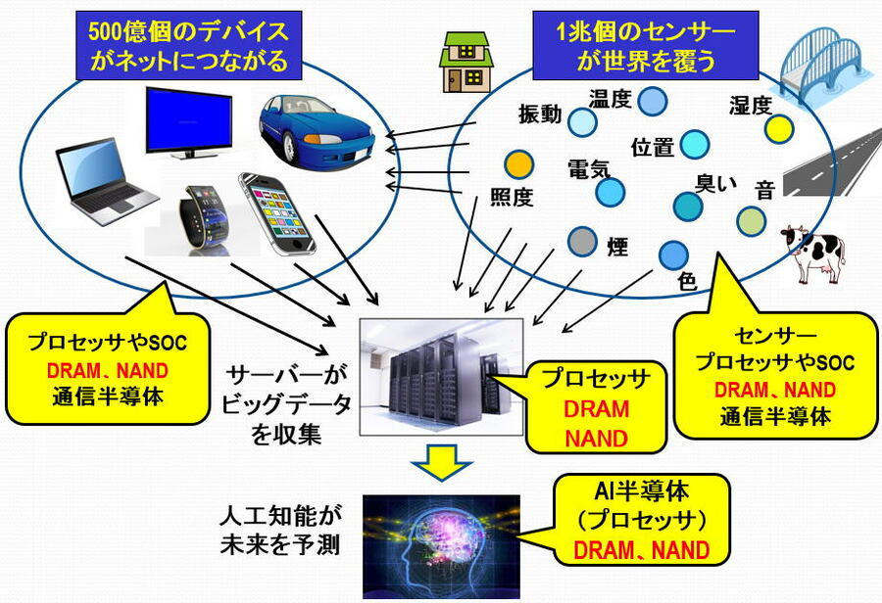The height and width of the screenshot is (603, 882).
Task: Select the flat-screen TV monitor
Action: tap(188, 122)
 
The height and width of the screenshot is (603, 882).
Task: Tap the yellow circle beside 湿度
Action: tap(778, 128)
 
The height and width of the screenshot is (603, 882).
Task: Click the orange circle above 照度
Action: tap(518, 163)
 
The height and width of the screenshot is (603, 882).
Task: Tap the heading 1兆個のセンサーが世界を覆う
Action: tap(645, 45)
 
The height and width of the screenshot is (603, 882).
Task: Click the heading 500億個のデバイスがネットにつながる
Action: tap(189, 45)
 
